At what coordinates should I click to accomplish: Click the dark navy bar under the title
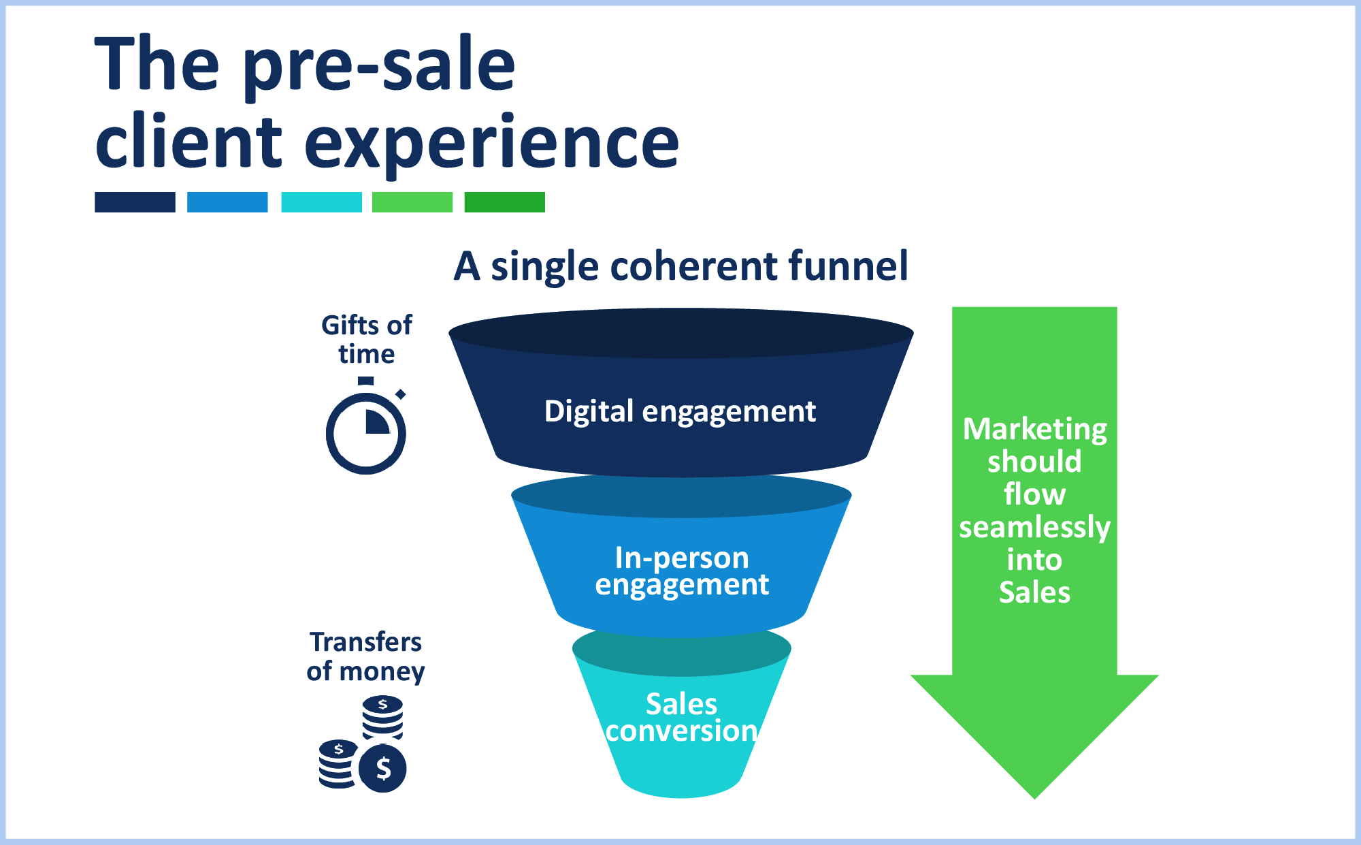pyautogui.click(x=135, y=202)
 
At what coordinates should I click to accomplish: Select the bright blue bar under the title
pyautogui.click(x=227, y=202)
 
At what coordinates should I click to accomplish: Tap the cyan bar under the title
pyautogui.click(x=321, y=202)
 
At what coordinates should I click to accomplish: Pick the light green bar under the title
pyautogui.click(x=412, y=202)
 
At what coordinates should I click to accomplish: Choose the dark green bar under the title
pyautogui.click(x=505, y=202)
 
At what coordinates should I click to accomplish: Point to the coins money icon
pyautogui.click(x=363, y=744)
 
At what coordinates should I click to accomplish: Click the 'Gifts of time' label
pyautogui.click(x=366, y=340)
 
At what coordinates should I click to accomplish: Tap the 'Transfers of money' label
pyautogui.click(x=365, y=656)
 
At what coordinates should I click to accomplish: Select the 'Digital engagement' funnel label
pyautogui.click(x=680, y=412)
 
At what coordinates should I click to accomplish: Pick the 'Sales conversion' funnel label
pyautogui.click(x=681, y=718)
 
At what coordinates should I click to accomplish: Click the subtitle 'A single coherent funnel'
pyautogui.click(x=680, y=266)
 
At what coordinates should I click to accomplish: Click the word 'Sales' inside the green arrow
pyautogui.click(x=1035, y=592)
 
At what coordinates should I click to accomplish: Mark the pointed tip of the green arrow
pyautogui.click(x=1035, y=798)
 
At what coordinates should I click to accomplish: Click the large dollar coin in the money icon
pyautogui.click(x=382, y=768)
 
